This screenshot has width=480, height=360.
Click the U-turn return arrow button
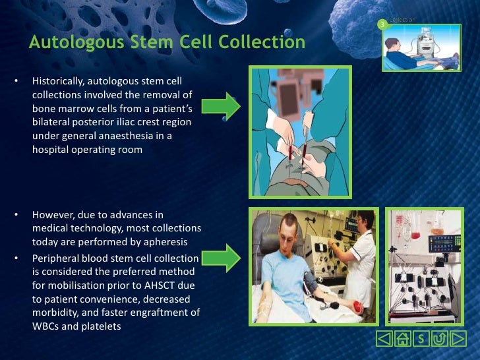[x=438, y=340]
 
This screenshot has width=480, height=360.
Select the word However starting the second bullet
[x=51, y=216]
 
